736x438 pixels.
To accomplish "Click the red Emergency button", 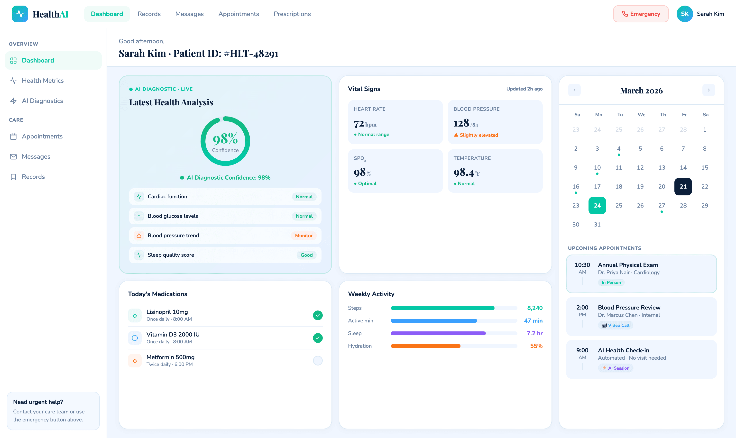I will click(x=641, y=14).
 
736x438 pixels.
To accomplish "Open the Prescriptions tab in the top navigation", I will click(x=292, y=14).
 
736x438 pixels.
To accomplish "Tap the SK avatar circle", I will click(x=684, y=14).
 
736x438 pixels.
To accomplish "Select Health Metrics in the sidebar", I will click(x=43, y=81).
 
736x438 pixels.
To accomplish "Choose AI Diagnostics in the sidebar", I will click(x=42, y=101).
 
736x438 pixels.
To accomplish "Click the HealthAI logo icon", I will click(x=20, y=14).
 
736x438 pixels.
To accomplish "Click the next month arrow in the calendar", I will click(x=708, y=90).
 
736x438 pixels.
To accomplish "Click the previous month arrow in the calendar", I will click(x=574, y=90).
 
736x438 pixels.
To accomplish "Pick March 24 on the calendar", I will click(x=597, y=205).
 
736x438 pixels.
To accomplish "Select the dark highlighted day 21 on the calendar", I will click(x=683, y=187).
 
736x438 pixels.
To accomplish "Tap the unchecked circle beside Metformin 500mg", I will click(x=318, y=360).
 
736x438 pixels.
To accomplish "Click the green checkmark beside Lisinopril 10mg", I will click(x=318, y=315).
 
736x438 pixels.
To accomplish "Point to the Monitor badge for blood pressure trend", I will click(x=304, y=236).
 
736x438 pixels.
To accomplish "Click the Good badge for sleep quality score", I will click(x=306, y=255).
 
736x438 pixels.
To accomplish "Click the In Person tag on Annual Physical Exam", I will click(x=611, y=283).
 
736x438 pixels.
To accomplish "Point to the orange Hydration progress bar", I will click(x=425, y=346).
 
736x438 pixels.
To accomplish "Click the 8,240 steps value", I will click(x=535, y=308).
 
